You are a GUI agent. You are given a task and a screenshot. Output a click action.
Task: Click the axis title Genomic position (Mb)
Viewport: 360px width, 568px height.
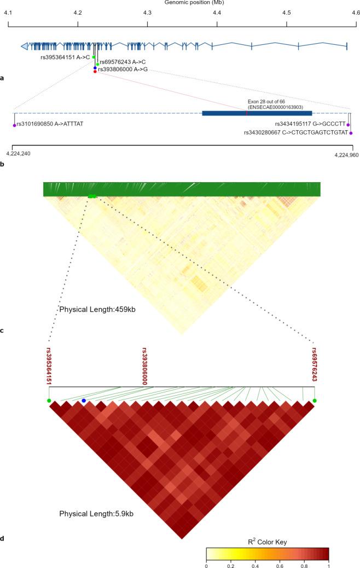[x=180, y=3]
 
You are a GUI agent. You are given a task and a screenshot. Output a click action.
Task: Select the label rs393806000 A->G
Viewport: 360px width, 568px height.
[x=123, y=70]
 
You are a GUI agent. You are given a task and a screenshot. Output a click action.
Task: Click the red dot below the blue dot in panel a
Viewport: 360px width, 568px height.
[x=95, y=73]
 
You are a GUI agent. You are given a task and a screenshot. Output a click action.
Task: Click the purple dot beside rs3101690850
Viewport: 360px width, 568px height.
[x=15, y=125]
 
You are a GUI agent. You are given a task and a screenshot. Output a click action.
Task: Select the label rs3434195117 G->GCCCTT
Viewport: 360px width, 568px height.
[x=310, y=124]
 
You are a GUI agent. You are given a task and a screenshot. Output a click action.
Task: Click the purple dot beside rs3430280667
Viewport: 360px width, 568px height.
[x=351, y=132]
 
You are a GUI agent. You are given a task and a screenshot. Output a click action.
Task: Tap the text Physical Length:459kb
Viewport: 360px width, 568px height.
[x=97, y=310]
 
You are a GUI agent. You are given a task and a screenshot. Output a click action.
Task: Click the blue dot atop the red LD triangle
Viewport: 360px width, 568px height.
[x=84, y=401]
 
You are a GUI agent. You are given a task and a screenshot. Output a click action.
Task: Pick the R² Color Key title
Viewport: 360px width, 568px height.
[x=268, y=542]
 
